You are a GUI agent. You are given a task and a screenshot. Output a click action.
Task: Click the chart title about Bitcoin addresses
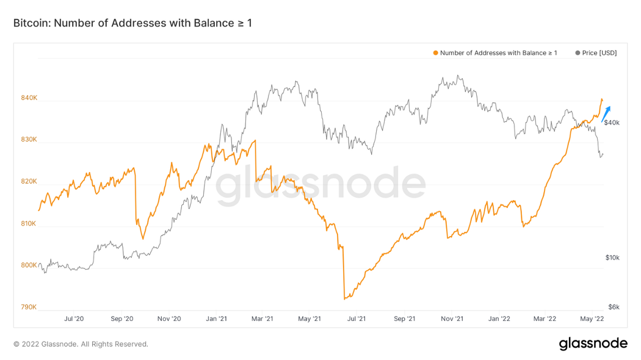pyautogui.click(x=132, y=23)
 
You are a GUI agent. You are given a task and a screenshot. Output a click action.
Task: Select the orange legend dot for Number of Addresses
pyautogui.click(x=435, y=53)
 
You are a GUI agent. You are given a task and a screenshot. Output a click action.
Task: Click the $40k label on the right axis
pyautogui.click(x=612, y=123)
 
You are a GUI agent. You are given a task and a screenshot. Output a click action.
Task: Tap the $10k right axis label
pyautogui.click(x=612, y=258)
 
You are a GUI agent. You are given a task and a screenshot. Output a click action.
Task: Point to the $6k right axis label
pyautogui.click(x=614, y=307)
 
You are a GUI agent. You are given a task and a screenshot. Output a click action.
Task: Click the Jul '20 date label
pyautogui.click(x=73, y=319)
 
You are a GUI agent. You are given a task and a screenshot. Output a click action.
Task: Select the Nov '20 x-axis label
pyautogui.click(x=169, y=319)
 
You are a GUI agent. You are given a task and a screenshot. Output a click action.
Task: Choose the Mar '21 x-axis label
pyautogui.click(x=262, y=319)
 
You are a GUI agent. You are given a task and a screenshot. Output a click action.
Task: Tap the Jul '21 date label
pyautogui.click(x=357, y=319)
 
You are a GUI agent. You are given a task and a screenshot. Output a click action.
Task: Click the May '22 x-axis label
pyautogui.click(x=592, y=319)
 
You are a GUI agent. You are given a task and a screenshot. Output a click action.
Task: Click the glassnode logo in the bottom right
pyautogui.click(x=593, y=344)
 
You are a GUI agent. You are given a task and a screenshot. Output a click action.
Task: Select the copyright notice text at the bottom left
pyautogui.click(x=81, y=344)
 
